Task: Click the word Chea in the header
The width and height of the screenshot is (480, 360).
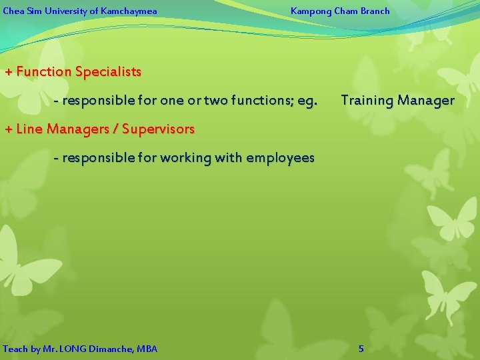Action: (x=13, y=11)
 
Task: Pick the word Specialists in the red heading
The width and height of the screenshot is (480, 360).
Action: (x=108, y=71)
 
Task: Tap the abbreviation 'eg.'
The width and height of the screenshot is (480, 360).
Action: (x=307, y=101)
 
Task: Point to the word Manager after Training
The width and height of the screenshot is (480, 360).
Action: (x=426, y=101)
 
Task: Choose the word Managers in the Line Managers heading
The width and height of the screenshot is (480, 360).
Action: (x=89, y=129)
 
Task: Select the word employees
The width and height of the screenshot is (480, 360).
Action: (x=280, y=158)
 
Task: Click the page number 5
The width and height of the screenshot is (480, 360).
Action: (x=361, y=349)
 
